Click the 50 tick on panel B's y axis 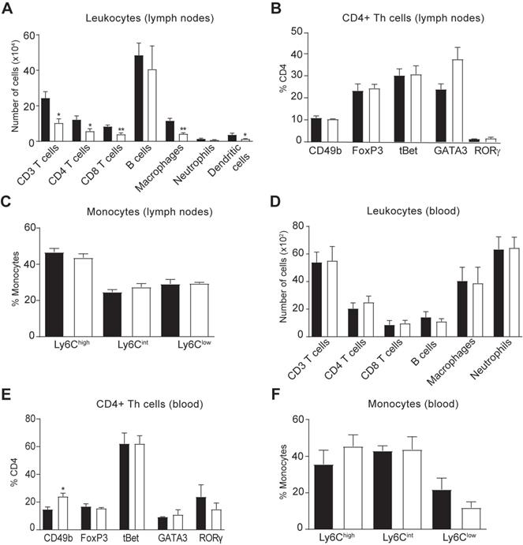pyautogui.click(x=301, y=32)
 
